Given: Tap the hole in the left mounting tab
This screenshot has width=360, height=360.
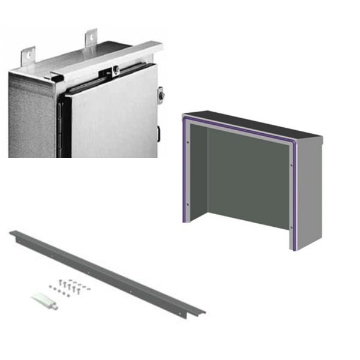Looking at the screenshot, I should point(30,55).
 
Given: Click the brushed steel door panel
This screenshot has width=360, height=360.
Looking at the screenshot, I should point(114,120).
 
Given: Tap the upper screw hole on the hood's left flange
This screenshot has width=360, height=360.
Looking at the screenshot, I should point(188,142).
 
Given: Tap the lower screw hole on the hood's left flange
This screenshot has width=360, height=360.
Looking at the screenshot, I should point(188,205).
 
